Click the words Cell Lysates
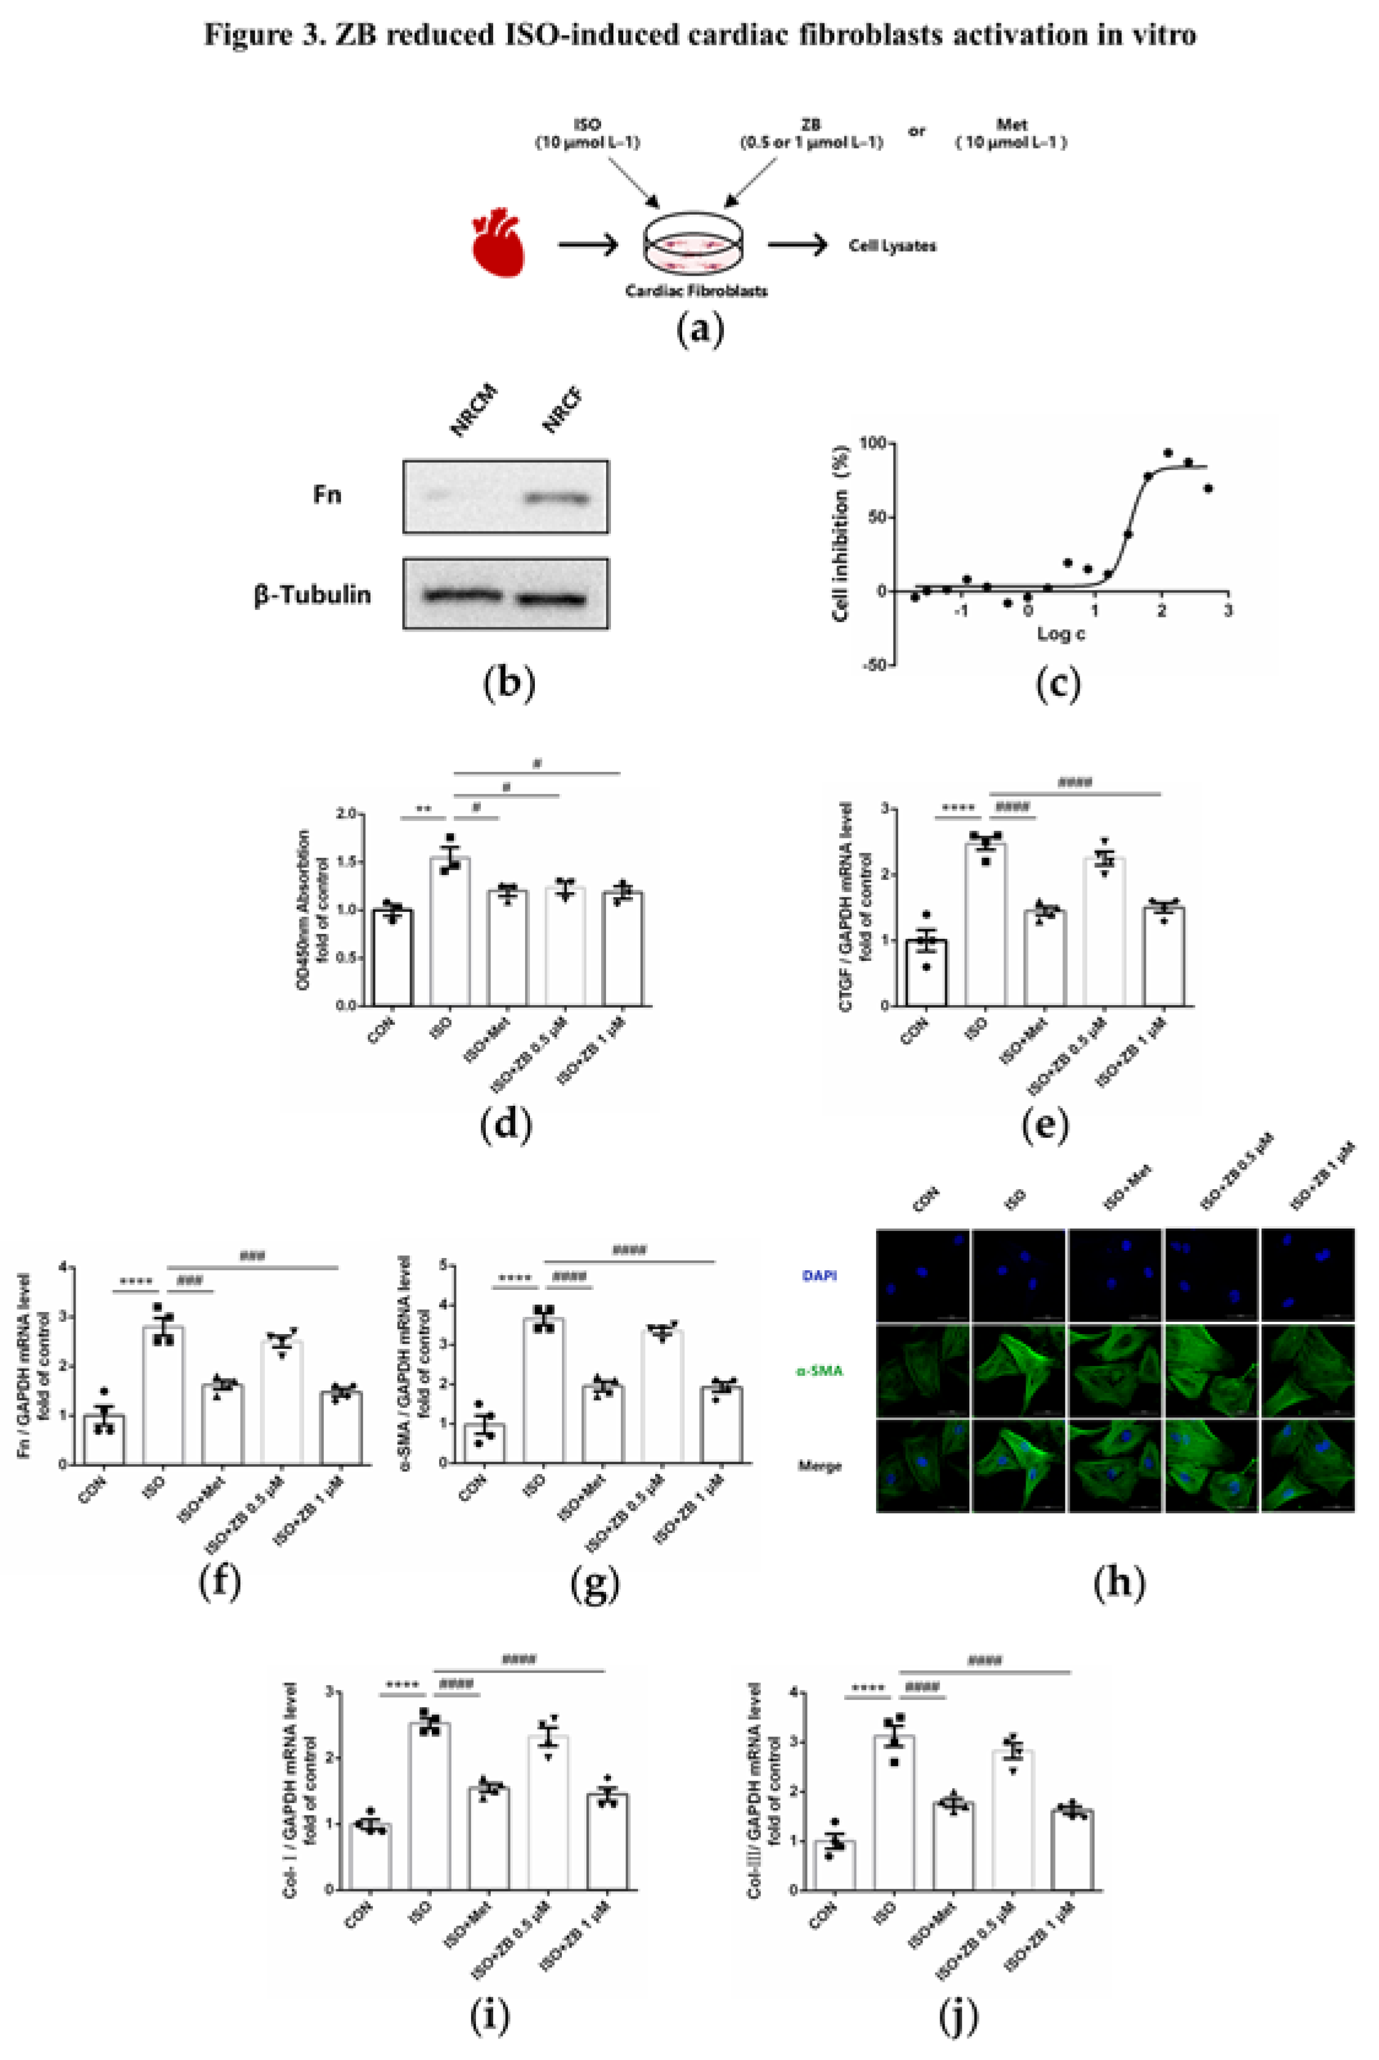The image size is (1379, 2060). pyautogui.click(x=892, y=245)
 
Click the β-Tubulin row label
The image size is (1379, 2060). pyautogui.click(x=312, y=595)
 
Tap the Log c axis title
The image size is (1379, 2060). pyautogui.click(x=1060, y=633)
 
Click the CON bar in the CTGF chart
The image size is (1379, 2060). pyautogui.click(x=926, y=972)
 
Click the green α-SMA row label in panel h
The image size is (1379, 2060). pyautogui.click(x=819, y=1370)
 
